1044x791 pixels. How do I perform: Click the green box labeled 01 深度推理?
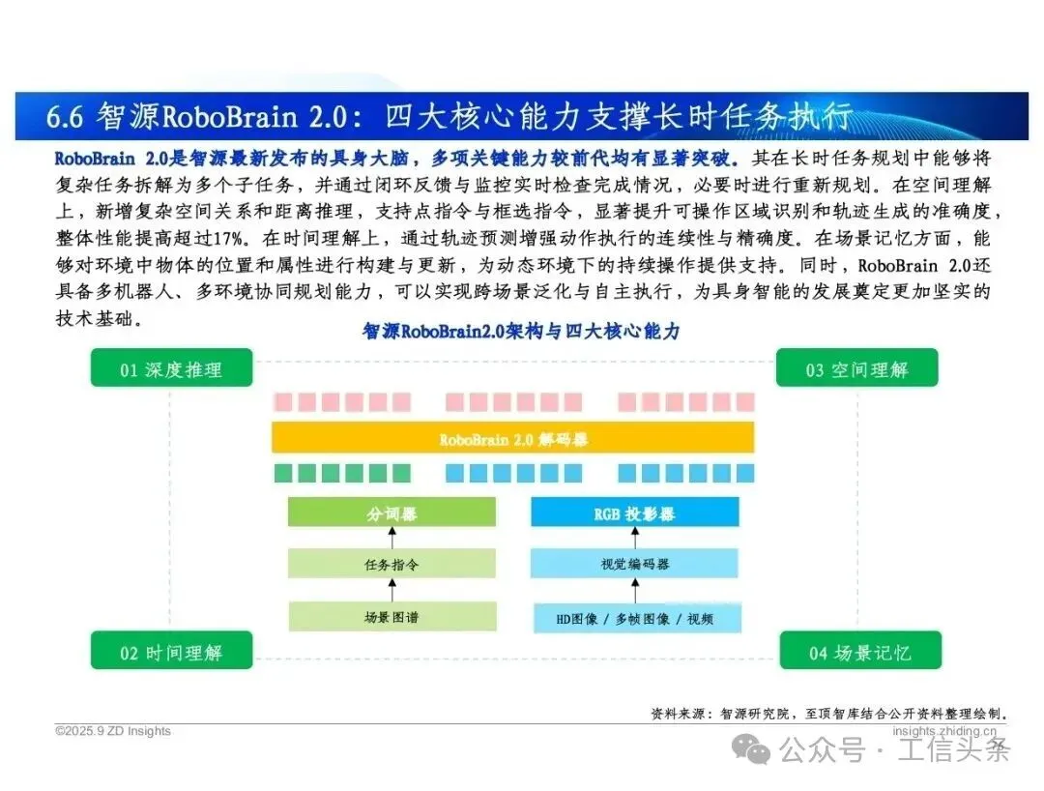point(171,368)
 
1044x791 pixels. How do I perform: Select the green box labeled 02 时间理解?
point(171,652)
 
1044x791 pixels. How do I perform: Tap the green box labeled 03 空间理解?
point(856,368)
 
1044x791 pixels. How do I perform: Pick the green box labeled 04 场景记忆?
point(858,652)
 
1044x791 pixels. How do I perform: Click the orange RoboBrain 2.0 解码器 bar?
point(513,439)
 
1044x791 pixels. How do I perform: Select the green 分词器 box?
point(391,513)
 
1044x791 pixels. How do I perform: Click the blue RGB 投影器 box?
point(634,513)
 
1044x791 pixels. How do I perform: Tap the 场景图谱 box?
point(391,616)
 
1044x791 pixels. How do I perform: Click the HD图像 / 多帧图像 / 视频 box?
point(634,617)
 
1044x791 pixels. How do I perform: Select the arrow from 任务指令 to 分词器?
point(391,538)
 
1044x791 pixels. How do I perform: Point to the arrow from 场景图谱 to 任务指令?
point(391,590)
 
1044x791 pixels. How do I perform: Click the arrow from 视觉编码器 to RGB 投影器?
point(634,538)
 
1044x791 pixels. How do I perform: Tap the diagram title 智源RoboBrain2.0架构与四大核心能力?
point(521,332)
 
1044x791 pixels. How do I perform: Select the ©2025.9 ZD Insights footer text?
point(113,731)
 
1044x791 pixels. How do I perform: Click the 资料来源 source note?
point(831,714)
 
